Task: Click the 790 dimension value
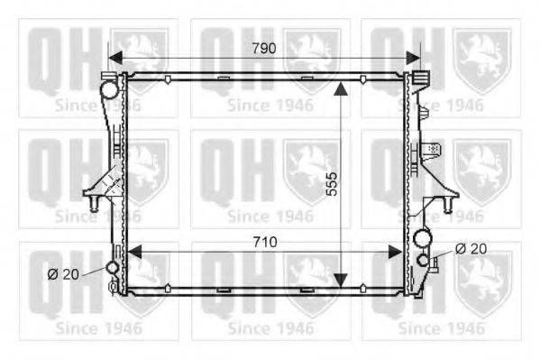pos(264,49)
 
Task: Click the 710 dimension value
pos(265,242)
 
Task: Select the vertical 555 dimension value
pos(332,184)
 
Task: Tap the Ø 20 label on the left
pos(63,274)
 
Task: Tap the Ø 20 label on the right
pos(471,249)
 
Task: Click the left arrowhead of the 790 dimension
pos(115,58)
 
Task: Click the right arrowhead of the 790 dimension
pos(413,58)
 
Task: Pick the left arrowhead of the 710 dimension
pos(134,252)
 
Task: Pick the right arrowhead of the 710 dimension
pos(395,252)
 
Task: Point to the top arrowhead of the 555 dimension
pos(341,88)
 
